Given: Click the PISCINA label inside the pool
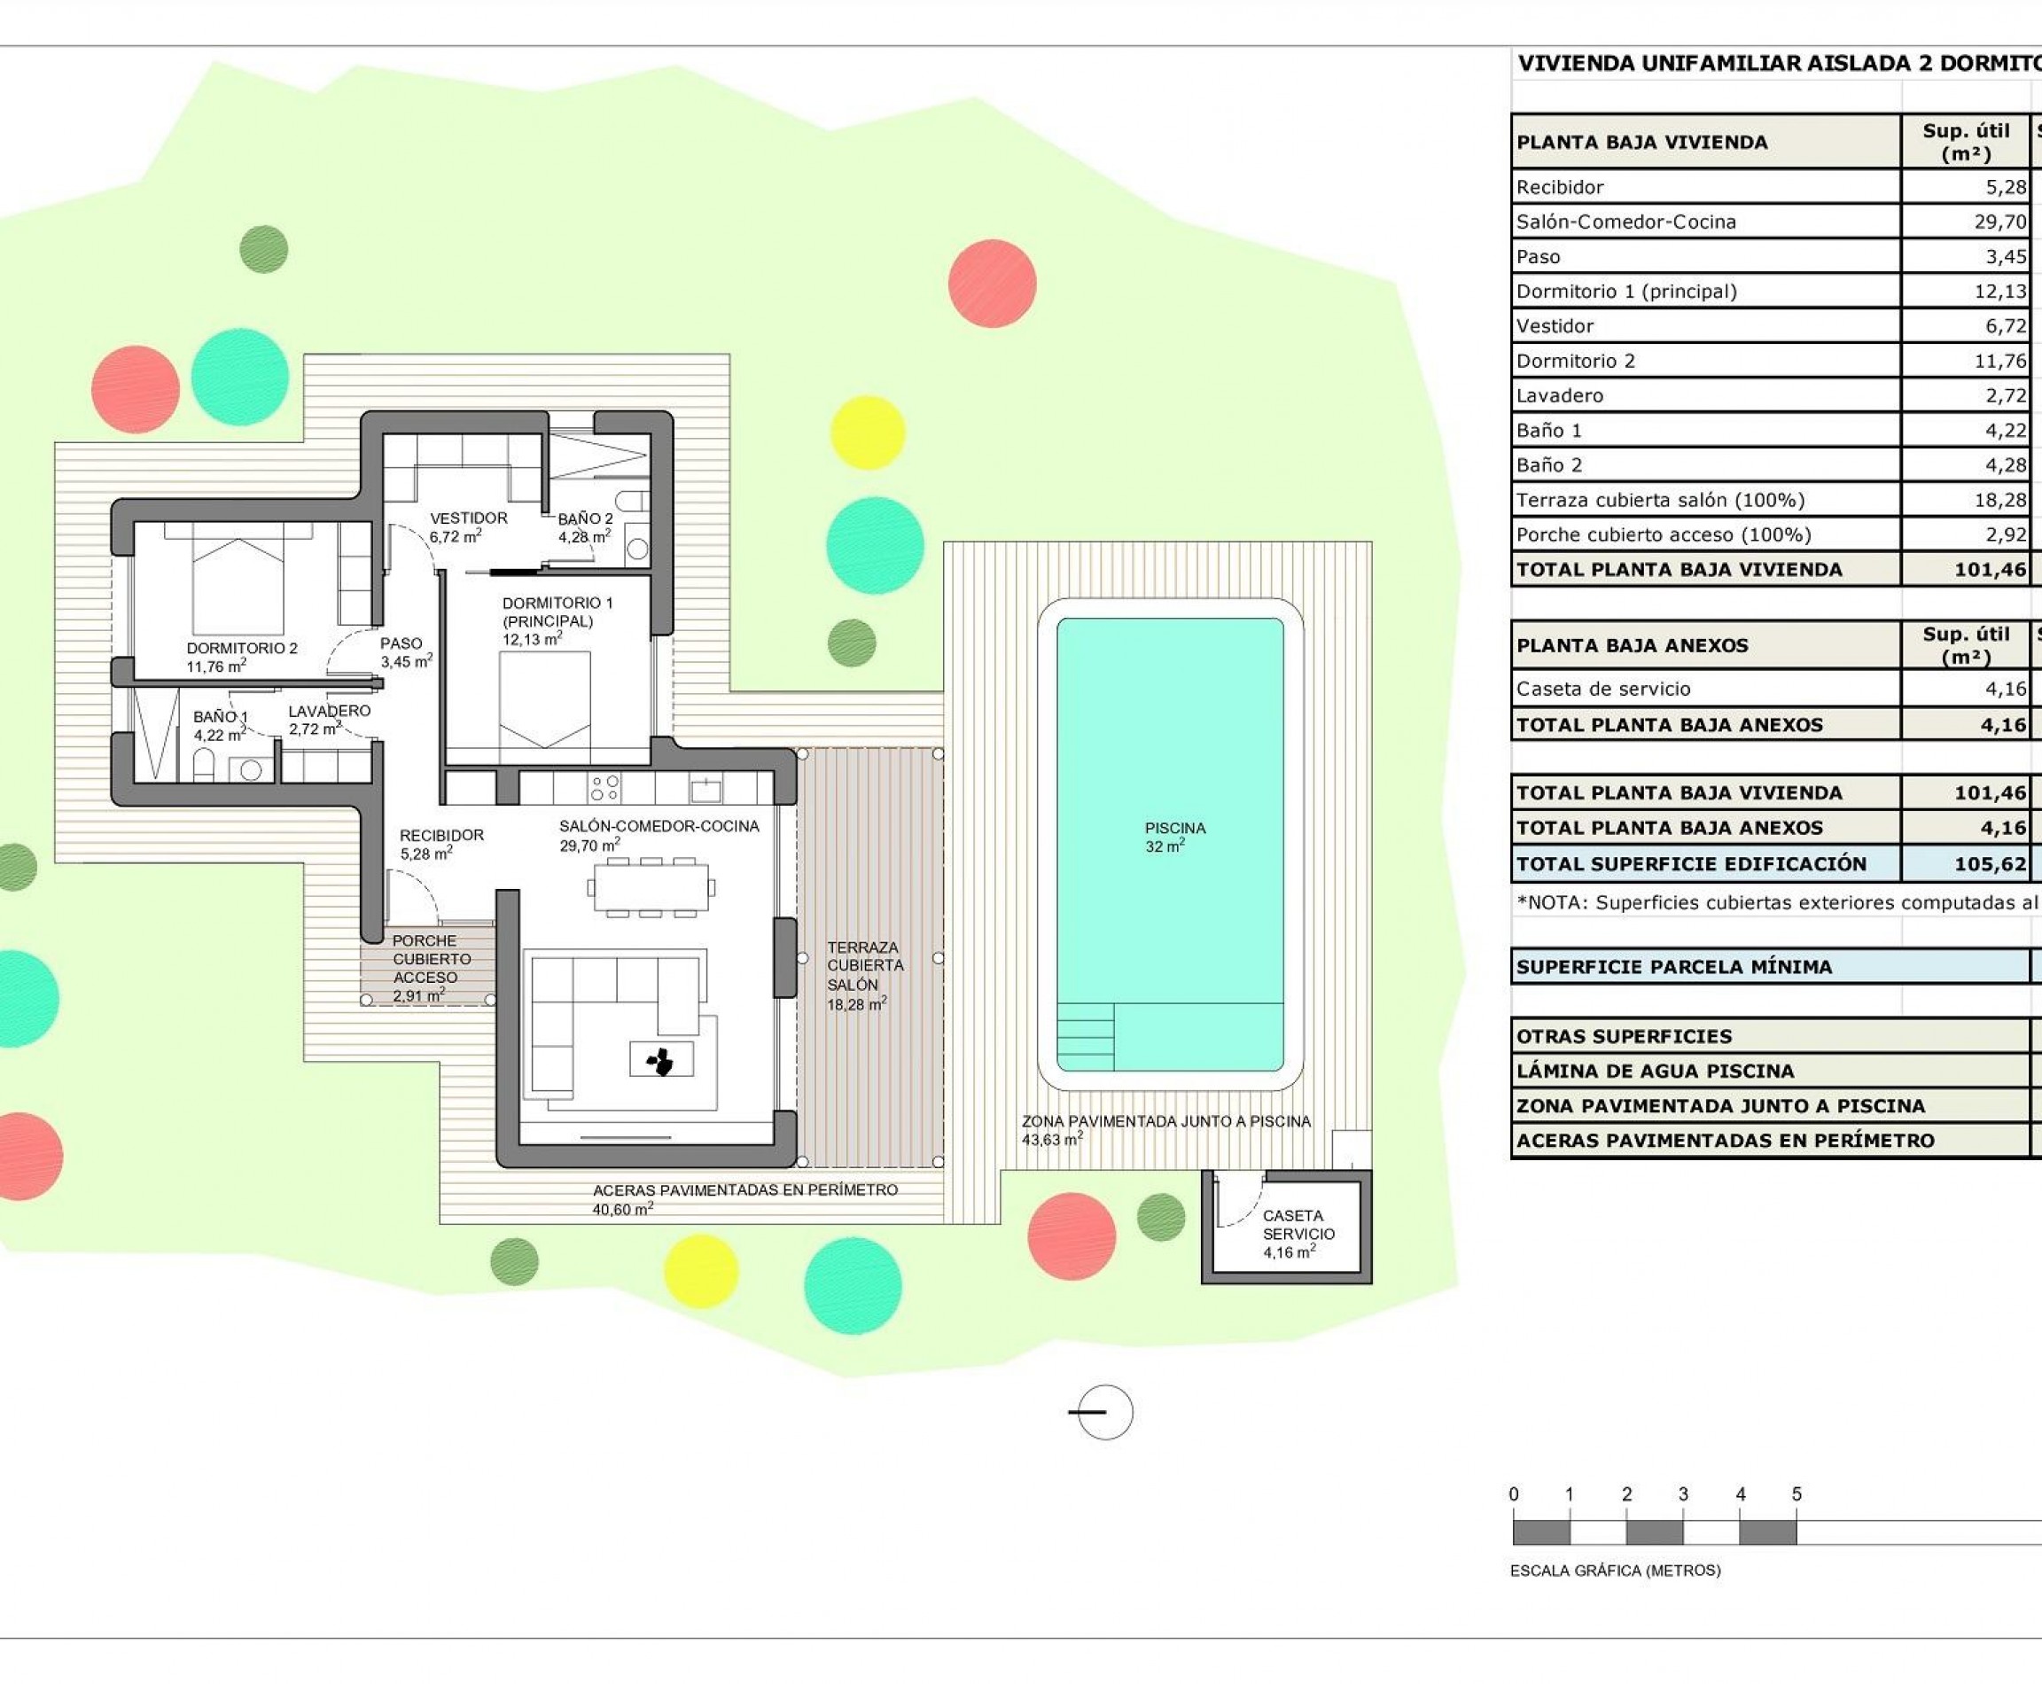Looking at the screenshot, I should coord(1173,836).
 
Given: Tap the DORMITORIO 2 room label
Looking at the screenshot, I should coord(242,657).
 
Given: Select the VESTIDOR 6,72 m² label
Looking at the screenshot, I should coord(468,526).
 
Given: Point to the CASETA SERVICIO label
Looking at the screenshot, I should coord(1298,1233).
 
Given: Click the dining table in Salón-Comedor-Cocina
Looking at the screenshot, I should coord(650,886).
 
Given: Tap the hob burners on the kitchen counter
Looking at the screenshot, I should coord(605,787).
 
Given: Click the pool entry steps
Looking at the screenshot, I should coord(1085,1036).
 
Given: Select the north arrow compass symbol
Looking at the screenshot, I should coord(1103,1413).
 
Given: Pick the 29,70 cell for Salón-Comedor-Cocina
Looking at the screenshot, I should coord(1999,222).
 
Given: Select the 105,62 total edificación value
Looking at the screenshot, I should coord(1990,864).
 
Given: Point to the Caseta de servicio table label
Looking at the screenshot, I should coord(1602,689).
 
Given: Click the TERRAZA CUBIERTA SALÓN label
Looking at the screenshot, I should coord(863,975).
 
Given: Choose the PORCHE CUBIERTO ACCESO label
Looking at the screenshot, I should coord(431,967).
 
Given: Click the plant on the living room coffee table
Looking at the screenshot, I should coord(661,1061).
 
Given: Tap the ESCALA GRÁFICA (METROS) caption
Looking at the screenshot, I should coord(1615,1571).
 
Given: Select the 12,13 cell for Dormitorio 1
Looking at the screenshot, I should coord(1999,292).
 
